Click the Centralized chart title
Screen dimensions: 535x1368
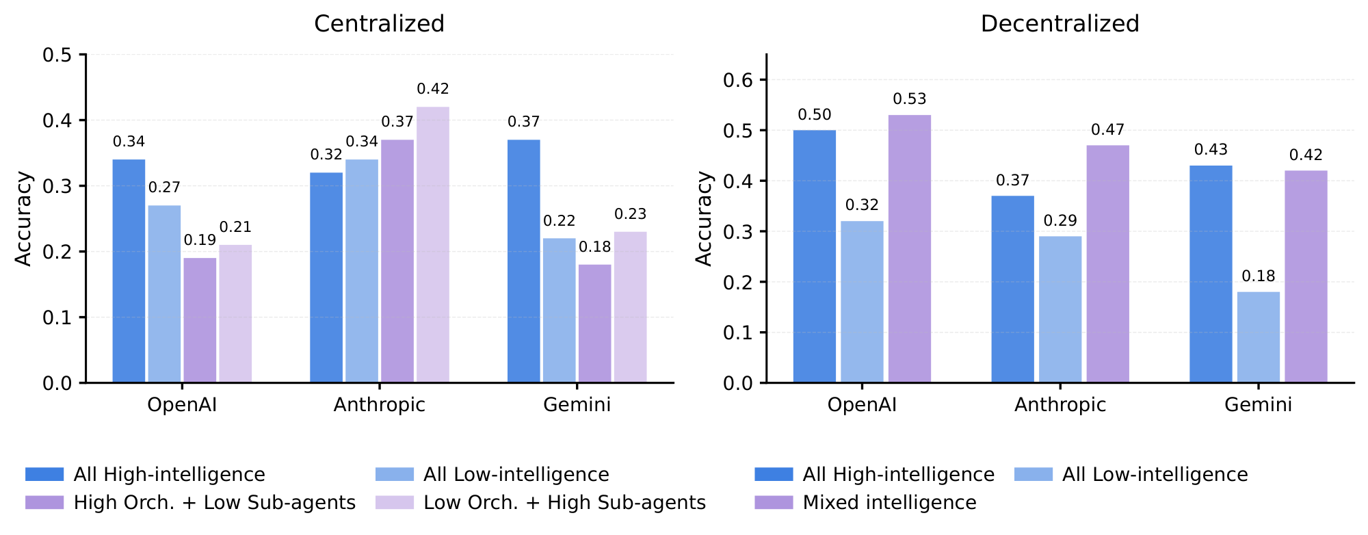pyautogui.click(x=379, y=24)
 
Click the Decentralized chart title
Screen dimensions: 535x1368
pyautogui.click(x=1060, y=24)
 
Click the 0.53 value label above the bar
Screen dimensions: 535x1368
pyautogui.click(x=909, y=99)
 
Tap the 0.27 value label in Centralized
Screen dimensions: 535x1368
pyautogui.click(x=164, y=187)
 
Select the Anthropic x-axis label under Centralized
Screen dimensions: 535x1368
pyautogui.click(x=379, y=405)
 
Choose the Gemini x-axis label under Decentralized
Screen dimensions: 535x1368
pyautogui.click(x=1258, y=405)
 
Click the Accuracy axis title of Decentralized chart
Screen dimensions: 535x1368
pyautogui.click(x=704, y=218)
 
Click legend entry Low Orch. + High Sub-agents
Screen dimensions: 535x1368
pyautogui.click(x=564, y=503)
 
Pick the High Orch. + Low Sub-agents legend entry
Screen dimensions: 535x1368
pyautogui.click(x=214, y=503)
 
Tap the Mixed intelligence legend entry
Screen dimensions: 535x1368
pyautogui.click(x=889, y=503)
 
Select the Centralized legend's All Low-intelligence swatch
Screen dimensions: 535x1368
pyautogui.click(x=395, y=475)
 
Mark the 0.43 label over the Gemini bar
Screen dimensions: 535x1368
pyautogui.click(x=1211, y=150)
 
